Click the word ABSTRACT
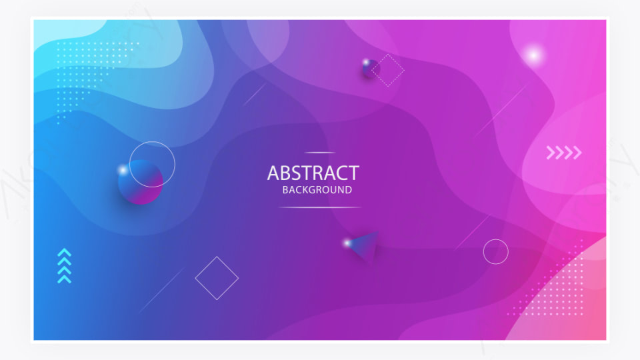point(313,173)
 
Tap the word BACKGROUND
point(317,190)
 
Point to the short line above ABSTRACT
point(320,153)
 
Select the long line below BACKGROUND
point(319,207)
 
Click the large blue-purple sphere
point(141,182)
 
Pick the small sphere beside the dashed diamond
point(371,69)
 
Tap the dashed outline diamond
point(388,70)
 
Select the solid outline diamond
point(217,278)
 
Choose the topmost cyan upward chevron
point(65,252)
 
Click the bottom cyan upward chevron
point(65,279)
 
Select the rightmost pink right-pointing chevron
point(577,153)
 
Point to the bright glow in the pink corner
point(533,55)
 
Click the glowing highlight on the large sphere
point(123,170)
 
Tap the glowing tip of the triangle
point(347,243)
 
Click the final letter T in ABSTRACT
point(353,173)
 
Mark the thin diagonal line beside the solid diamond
point(162,290)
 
